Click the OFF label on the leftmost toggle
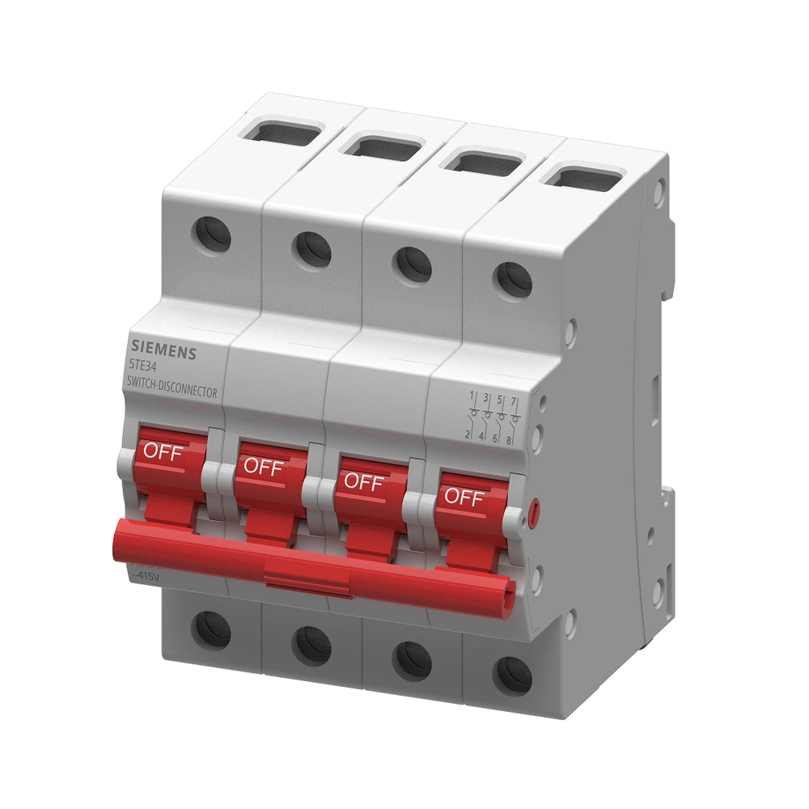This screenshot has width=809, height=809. click(x=162, y=451)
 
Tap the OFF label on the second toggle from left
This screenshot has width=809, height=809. click(x=263, y=467)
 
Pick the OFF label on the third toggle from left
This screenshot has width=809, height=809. click(x=363, y=482)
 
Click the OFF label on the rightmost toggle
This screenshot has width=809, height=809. click(x=464, y=498)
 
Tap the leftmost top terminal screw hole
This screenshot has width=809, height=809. click(x=211, y=235)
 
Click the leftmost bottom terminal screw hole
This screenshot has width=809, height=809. click(x=212, y=629)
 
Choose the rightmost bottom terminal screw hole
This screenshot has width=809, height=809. click(x=513, y=675)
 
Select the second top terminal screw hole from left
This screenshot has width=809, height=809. click(x=312, y=250)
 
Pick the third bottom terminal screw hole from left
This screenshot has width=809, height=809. click(x=413, y=659)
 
